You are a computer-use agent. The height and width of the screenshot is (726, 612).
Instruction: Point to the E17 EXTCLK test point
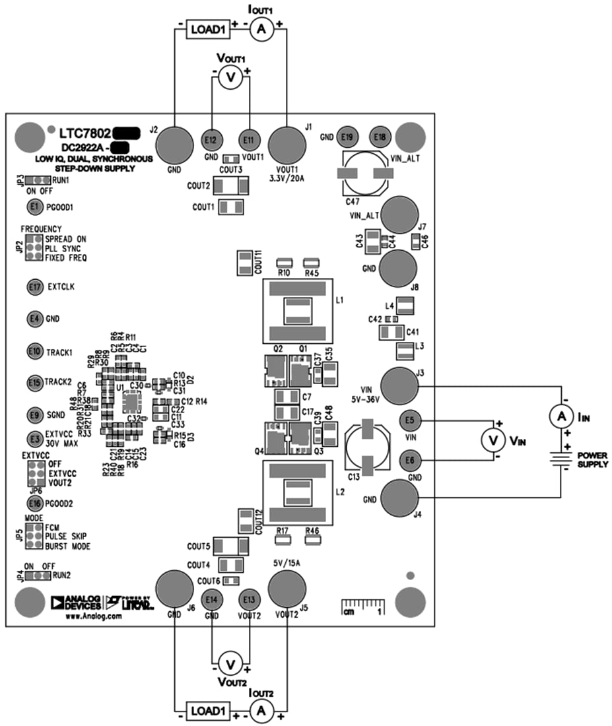(35, 287)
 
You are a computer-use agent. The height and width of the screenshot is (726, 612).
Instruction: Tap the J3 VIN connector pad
(401, 385)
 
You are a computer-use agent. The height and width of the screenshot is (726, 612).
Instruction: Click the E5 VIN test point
(409, 420)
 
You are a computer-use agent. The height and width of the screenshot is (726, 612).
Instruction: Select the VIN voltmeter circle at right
(491, 438)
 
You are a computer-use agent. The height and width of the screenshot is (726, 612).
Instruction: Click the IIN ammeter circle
(561, 416)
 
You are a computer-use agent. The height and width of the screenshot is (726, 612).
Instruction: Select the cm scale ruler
(361, 607)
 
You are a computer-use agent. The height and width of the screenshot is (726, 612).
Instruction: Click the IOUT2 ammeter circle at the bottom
(261, 711)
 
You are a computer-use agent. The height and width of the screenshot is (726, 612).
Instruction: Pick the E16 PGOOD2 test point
(35, 503)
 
